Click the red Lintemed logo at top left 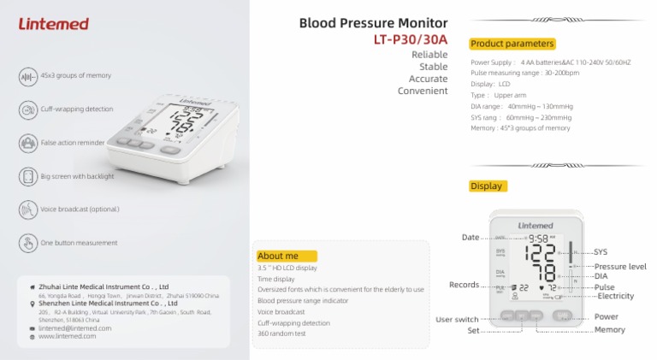53,24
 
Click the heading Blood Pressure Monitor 373,23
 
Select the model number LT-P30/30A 410,39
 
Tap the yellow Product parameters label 512,44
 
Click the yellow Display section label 487,186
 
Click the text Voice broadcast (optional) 80,210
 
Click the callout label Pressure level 620,267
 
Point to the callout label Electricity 615,296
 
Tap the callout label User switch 457,320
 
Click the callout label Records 464,285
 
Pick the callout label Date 471,237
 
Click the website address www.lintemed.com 68,337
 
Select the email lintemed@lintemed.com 75,328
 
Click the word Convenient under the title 423,91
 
